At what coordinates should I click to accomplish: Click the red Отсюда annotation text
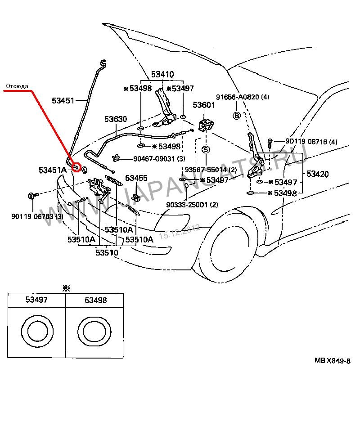click(17, 85)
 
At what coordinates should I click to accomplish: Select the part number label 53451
click(63, 101)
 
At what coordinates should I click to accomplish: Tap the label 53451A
click(52, 170)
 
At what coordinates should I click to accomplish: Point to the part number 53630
click(116, 119)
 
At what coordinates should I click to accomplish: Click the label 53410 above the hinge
click(162, 74)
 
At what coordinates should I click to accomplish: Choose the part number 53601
click(204, 105)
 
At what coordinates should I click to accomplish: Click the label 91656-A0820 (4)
click(243, 97)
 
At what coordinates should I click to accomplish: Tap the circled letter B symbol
click(236, 116)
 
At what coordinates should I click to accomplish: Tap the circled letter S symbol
click(206, 149)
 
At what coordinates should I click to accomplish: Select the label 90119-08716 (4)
click(311, 142)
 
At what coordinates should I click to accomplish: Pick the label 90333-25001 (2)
click(192, 205)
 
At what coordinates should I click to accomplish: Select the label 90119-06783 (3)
click(38, 217)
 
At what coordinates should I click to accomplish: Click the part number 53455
click(136, 178)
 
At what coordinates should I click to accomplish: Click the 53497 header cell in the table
click(36, 300)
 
